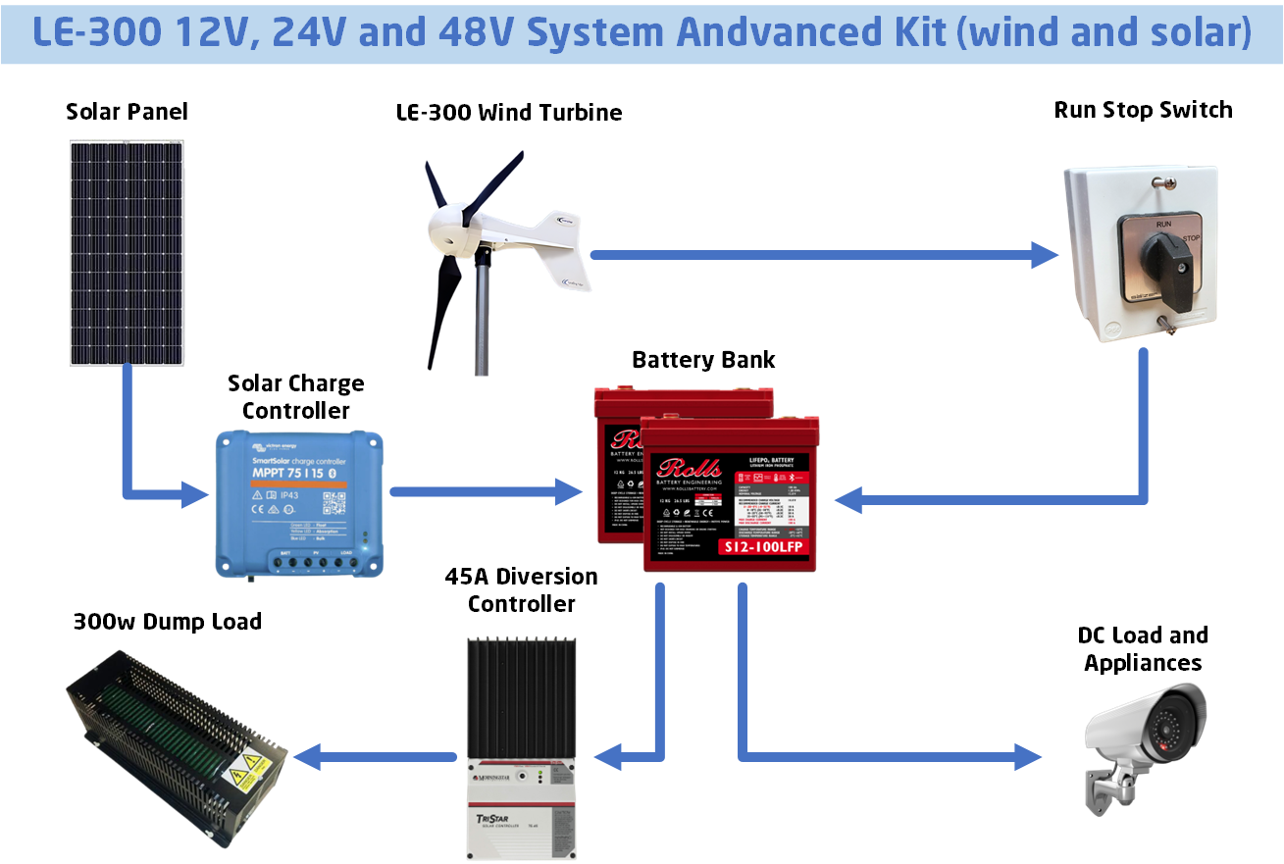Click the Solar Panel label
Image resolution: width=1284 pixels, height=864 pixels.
point(127,112)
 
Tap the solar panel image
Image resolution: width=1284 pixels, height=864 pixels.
point(126,252)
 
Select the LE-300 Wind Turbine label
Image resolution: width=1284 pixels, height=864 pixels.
point(508,113)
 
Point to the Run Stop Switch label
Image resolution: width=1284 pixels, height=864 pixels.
point(1143,110)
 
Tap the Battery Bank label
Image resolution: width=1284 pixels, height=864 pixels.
point(703,360)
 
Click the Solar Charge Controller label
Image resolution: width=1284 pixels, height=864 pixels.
point(295,396)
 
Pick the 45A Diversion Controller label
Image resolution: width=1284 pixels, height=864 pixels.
point(521,589)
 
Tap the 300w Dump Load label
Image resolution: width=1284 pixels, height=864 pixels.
point(168,622)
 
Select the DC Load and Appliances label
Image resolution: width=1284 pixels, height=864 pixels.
point(1143,648)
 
